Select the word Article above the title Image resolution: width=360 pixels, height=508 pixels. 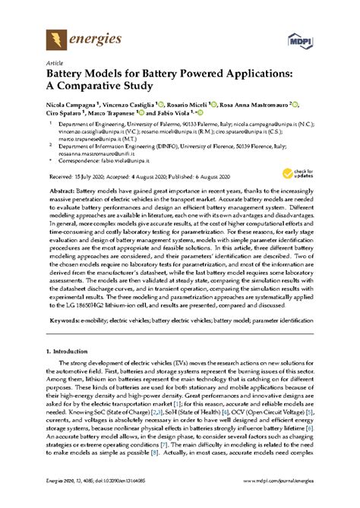pos(54,65)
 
